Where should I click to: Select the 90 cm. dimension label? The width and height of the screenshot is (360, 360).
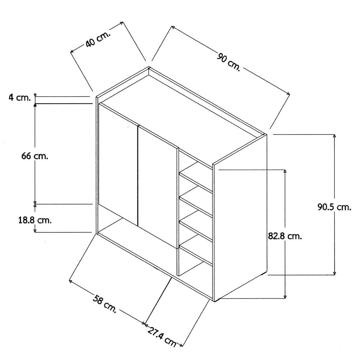229,62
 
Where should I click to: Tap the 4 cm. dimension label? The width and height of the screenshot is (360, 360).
20,98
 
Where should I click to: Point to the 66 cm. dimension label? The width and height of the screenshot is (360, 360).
35,156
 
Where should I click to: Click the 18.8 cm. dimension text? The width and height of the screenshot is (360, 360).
35,220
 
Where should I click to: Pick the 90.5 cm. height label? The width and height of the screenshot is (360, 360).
334,207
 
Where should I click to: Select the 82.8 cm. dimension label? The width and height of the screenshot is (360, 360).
285,236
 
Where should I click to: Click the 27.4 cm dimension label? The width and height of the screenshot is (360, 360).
162,337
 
